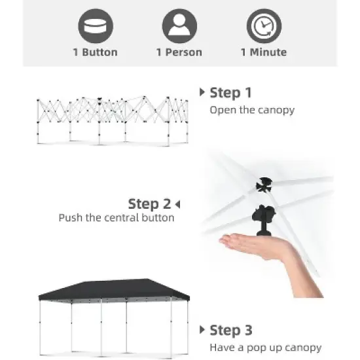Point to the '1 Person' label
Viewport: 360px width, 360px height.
(x=179, y=52)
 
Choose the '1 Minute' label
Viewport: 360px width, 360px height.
(x=264, y=52)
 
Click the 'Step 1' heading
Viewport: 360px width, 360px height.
(x=230, y=92)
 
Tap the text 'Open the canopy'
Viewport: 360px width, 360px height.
(x=252, y=110)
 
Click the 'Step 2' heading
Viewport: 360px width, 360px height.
(x=149, y=204)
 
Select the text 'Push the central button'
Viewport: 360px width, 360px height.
(x=117, y=218)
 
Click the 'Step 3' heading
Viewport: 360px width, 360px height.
(x=230, y=330)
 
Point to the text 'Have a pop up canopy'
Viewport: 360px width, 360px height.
(x=265, y=348)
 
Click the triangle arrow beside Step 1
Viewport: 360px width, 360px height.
(x=202, y=92)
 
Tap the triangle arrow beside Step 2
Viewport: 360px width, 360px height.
(x=177, y=204)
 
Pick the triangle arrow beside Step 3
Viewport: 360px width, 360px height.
(x=202, y=330)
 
